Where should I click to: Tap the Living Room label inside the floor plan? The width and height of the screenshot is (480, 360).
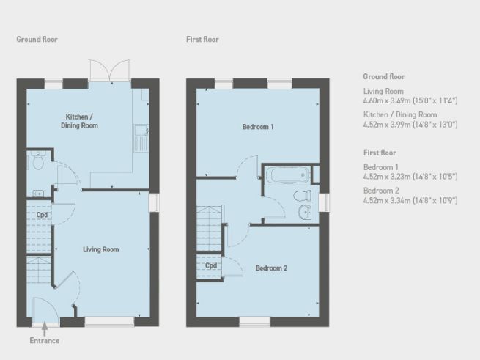click(x=100, y=249)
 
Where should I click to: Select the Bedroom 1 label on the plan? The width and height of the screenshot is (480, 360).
click(x=258, y=127)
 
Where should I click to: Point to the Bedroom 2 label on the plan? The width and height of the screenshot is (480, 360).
click(x=271, y=268)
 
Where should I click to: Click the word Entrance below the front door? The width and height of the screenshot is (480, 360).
click(x=45, y=341)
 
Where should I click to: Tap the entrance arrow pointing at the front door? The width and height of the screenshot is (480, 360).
click(x=45, y=328)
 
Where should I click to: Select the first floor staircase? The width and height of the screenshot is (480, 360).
click(x=210, y=220)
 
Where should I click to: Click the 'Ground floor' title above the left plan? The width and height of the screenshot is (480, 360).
click(x=37, y=40)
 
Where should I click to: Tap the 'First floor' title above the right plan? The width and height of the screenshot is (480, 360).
click(x=202, y=40)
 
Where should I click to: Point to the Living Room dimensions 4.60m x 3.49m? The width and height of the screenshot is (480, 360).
click(x=410, y=100)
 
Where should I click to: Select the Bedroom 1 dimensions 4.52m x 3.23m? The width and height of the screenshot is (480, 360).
click(x=410, y=175)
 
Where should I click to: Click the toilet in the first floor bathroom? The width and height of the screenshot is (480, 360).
click(x=300, y=196)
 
